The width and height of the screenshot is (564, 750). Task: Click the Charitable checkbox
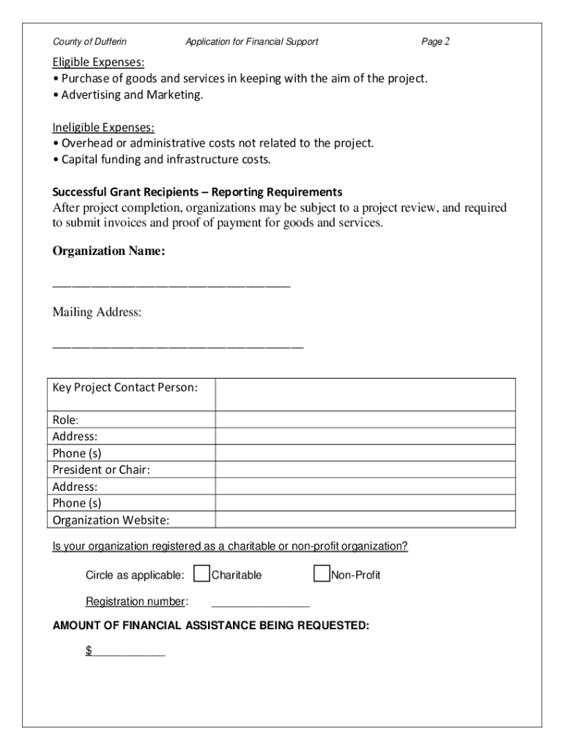pyautogui.click(x=201, y=574)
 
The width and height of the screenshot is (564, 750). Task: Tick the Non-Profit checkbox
pyautogui.click(x=321, y=574)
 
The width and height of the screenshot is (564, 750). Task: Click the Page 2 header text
pyautogui.click(x=435, y=42)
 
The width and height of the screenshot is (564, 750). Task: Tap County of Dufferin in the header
pyautogui.click(x=89, y=42)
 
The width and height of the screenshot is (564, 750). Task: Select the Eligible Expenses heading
pyautogui.click(x=98, y=62)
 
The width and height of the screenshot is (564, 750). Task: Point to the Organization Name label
pyautogui.click(x=108, y=251)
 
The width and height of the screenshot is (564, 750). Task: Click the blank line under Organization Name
pyautogui.click(x=171, y=285)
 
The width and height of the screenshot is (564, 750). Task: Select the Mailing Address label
pyautogui.click(x=97, y=313)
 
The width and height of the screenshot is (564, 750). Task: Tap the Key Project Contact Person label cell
pyautogui.click(x=125, y=387)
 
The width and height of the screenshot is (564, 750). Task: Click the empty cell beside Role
pyautogui.click(x=365, y=420)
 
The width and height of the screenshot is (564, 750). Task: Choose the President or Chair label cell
pyautogui.click(x=101, y=469)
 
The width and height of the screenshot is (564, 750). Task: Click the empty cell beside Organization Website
pyautogui.click(x=365, y=520)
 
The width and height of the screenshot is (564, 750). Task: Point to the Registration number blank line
pyautogui.click(x=260, y=604)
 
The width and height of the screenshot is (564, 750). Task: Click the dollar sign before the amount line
pyautogui.click(x=89, y=650)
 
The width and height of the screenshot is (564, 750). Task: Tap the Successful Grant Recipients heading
pyautogui.click(x=196, y=192)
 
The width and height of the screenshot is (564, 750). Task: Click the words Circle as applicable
pyautogui.click(x=135, y=575)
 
